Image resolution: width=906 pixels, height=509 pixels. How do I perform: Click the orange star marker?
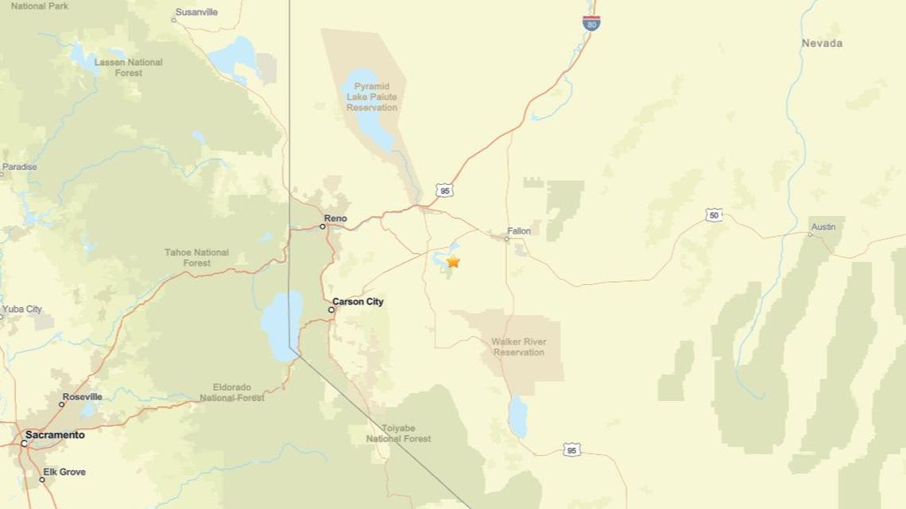(453, 261)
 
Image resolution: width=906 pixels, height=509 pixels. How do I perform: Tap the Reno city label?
(336, 218)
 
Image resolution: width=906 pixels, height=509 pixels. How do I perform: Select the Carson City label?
(358, 302)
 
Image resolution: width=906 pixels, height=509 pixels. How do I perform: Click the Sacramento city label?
(55, 435)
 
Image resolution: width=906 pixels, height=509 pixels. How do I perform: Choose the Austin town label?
(823, 227)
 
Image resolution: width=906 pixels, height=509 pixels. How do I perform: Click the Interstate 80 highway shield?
(590, 23)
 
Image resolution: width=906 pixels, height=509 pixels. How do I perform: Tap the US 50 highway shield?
(714, 215)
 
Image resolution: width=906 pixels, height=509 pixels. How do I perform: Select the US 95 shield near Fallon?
(445, 191)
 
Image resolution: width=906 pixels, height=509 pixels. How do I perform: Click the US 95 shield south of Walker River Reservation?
(573, 450)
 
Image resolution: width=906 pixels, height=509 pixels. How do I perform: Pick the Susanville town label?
(196, 12)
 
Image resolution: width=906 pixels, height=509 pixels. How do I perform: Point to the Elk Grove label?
(66, 472)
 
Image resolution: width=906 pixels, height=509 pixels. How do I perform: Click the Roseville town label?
(83, 396)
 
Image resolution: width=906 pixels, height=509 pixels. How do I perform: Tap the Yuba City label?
(22, 309)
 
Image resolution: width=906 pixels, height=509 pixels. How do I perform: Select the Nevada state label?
(822, 43)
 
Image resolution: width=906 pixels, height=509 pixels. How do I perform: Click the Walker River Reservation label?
(518, 347)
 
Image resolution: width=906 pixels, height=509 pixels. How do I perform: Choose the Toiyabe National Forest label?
(399, 433)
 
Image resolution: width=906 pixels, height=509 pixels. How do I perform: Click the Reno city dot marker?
(323, 226)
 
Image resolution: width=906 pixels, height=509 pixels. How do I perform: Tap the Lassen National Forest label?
(128, 67)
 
